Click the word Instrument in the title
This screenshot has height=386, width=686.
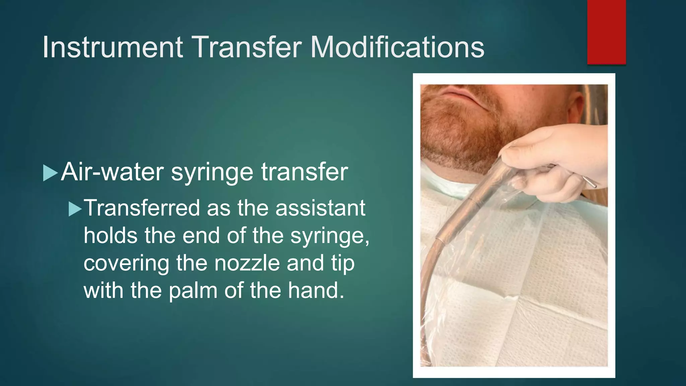113,47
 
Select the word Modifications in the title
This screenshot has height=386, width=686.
397,47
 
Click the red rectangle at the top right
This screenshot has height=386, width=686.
606,32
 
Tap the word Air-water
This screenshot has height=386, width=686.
112,172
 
